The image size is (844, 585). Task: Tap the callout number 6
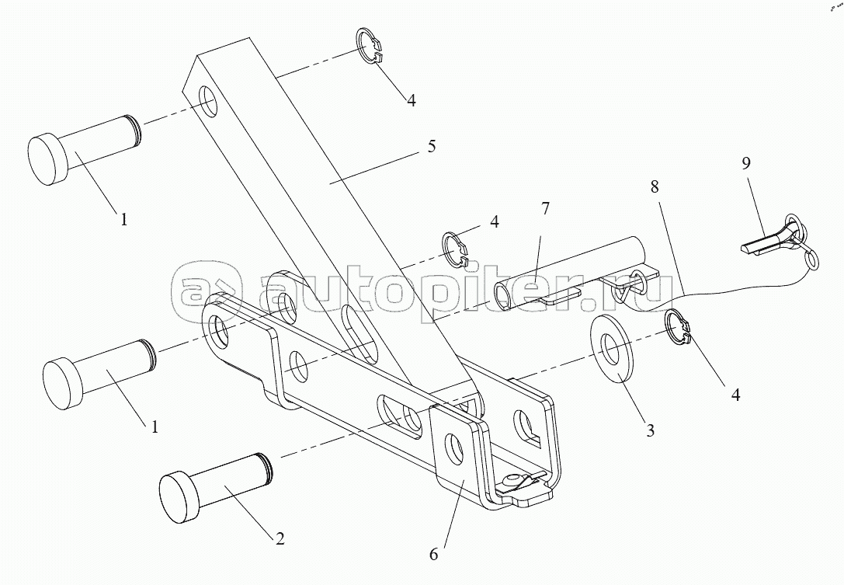pos(433,554)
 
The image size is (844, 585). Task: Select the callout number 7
pos(545,208)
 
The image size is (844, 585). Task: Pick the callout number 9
pos(745,164)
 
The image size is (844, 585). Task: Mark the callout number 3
pos(649,430)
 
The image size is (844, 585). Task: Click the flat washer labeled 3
pos(613,349)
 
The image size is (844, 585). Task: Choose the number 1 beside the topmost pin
pos(122,220)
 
